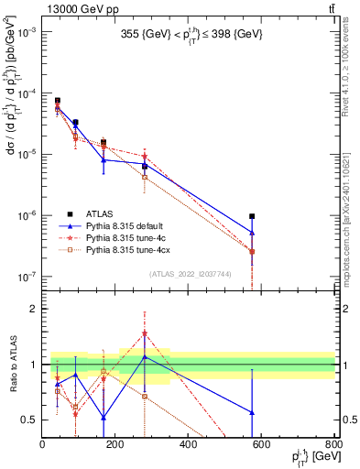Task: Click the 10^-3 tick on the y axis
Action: (x=27, y=32)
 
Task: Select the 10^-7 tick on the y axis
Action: (x=27, y=276)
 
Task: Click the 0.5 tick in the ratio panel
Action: (x=29, y=420)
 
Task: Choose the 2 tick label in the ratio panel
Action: (x=33, y=309)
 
